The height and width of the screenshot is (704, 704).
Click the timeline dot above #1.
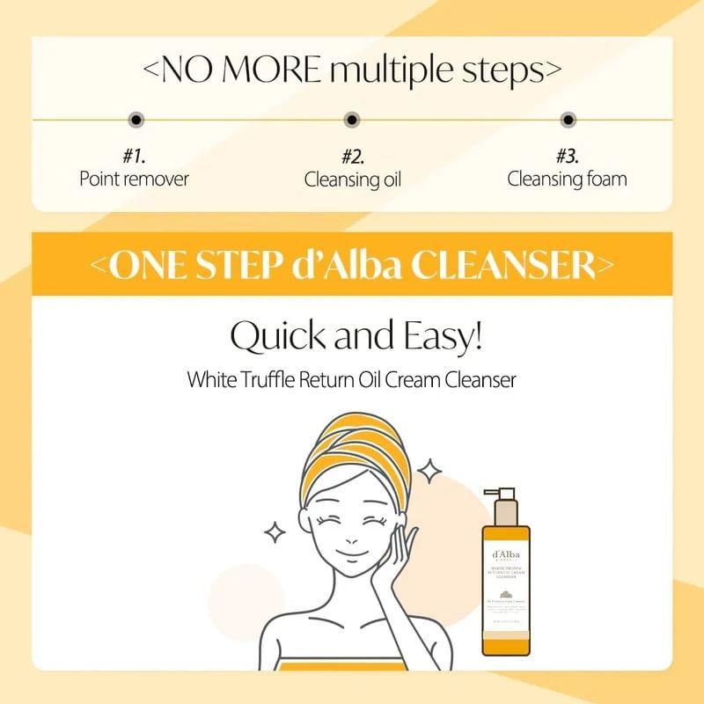[x=135, y=119]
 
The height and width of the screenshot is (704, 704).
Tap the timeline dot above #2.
[x=352, y=119]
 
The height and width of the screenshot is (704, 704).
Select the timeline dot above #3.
[x=568, y=119]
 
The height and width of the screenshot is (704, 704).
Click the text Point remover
[x=134, y=179]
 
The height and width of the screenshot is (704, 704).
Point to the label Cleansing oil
[x=352, y=179]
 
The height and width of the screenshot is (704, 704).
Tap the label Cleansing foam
[x=568, y=179]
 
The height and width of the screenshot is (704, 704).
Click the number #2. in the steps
[x=352, y=157]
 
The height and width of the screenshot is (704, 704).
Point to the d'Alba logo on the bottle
[x=504, y=556]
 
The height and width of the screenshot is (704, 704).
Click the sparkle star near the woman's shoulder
[x=275, y=532]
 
